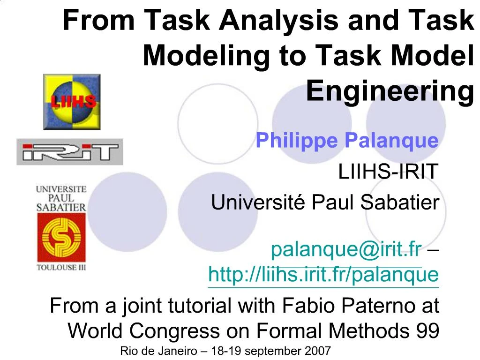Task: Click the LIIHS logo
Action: [72, 101]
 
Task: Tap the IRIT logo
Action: [70, 152]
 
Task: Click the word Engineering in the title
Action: [389, 91]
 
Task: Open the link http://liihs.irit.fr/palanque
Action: [323, 274]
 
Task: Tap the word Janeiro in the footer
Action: [179, 351]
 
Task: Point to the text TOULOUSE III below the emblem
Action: [61, 268]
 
